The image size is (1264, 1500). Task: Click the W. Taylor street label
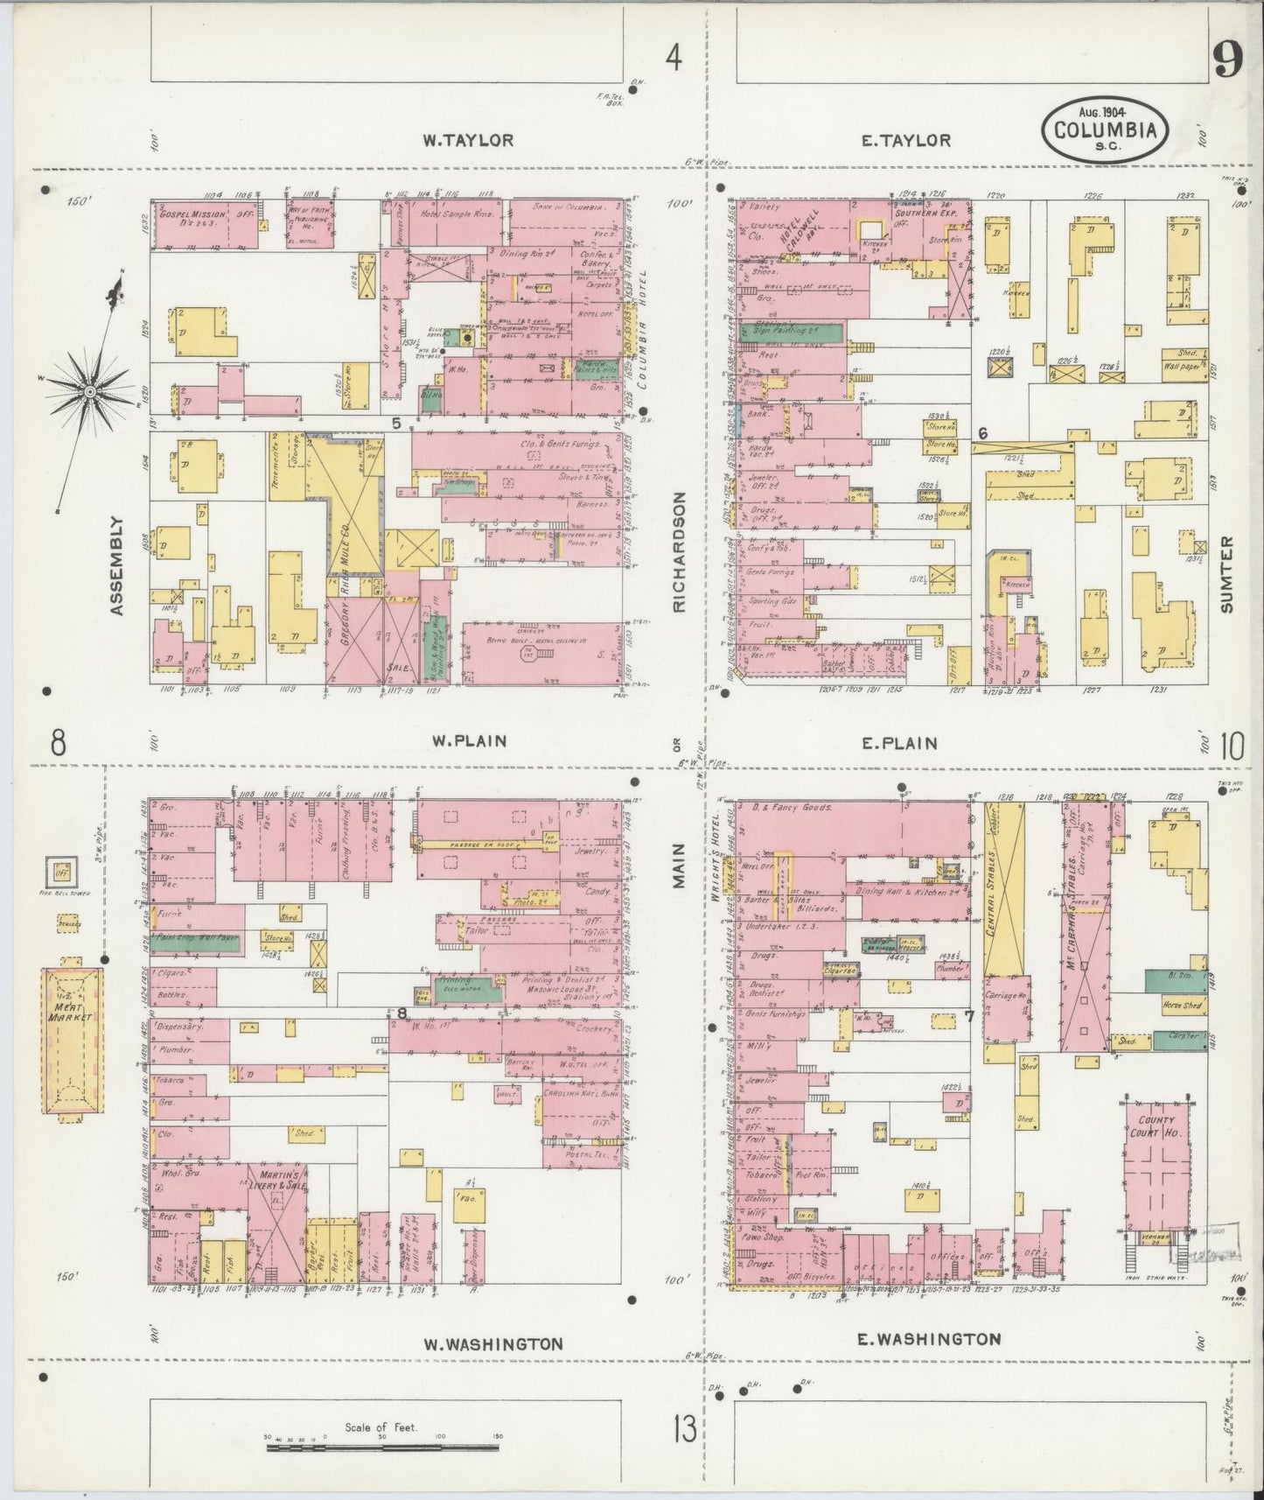tap(468, 140)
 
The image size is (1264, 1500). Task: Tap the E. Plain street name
tap(899, 743)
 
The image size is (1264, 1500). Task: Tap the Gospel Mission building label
tap(193, 214)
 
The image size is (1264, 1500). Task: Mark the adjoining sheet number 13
tap(685, 1429)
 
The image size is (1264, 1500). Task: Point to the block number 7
tap(968, 1016)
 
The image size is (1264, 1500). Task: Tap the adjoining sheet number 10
tap(1233, 746)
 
